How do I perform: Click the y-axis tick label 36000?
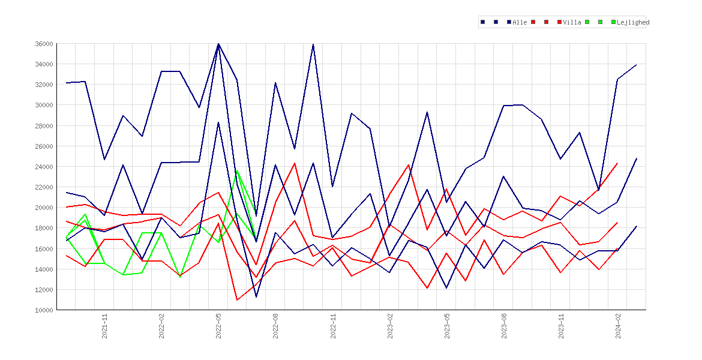click(44, 44)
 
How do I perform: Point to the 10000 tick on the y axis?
click(44, 310)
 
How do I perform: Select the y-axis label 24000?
click(44, 167)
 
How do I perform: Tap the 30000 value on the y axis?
click(44, 105)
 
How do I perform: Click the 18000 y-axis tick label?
click(44, 229)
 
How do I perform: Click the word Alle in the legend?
click(520, 22)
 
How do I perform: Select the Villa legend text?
click(572, 22)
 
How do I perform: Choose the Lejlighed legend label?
click(633, 22)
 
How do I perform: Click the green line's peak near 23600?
click(237, 170)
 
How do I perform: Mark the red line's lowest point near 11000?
click(237, 300)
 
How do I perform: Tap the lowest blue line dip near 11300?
click(256, 297)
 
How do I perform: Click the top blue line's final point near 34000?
click(637, 64)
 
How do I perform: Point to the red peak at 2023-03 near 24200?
click(409, 165)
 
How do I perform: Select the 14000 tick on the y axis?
click(44, 269)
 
